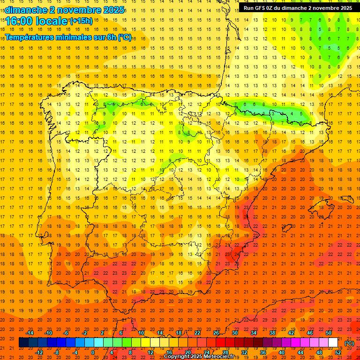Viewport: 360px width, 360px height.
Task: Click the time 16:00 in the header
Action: click(x=21, y=21)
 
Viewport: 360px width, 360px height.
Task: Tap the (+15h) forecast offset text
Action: click(x=81, y=21)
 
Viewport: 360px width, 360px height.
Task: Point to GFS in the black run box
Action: click(x=262, y=8)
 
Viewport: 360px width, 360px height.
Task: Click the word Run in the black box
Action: click(x=249, y=8)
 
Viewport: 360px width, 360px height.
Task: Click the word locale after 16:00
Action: click(x=52, y=21)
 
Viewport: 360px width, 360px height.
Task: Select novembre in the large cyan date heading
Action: click(x=75, y=10)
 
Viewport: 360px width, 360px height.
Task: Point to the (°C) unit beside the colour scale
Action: click(x=349, y=343)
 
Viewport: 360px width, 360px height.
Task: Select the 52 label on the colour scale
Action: click(x=338, y=352)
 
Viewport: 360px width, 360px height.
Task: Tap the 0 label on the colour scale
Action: click(x=92, y=352)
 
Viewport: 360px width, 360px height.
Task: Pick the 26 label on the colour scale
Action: click(x=216, y=333)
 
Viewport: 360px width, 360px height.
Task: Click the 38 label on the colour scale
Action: click(x=272, y=333)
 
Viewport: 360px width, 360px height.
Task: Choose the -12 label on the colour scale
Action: click(x=39, y=352)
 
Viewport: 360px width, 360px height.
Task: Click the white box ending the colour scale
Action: click(x=333, y=343)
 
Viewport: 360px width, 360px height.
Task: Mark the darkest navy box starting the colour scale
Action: click(x=23, y=343)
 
